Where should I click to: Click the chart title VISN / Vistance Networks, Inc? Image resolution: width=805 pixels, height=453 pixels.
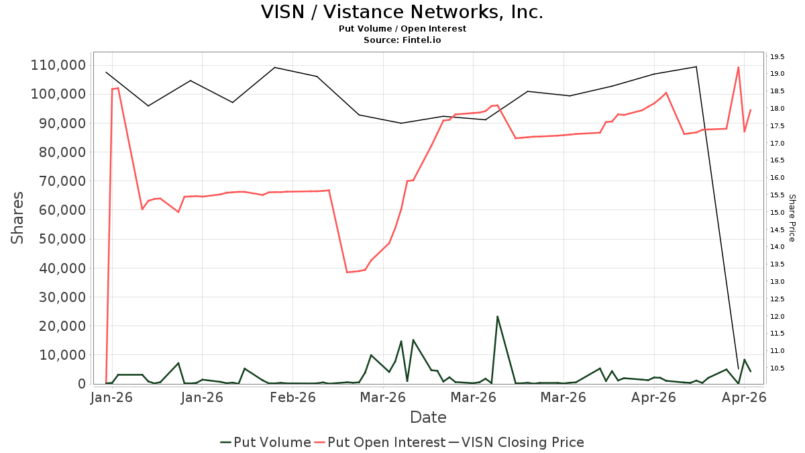tap(402, 12)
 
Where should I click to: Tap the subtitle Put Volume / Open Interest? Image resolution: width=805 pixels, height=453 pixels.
tap(402, 29)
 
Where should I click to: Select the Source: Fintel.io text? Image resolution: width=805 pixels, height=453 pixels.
tap(402, 40)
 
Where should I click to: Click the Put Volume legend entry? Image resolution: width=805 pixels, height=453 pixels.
tap(266, 442)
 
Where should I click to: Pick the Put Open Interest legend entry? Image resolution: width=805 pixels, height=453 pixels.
tap(380, 442)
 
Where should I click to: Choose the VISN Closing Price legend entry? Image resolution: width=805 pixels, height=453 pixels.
tap(516, 442)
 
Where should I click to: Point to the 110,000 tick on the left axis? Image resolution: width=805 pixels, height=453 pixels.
tap(58, 66)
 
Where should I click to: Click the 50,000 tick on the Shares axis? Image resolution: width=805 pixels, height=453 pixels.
tap(62, 239)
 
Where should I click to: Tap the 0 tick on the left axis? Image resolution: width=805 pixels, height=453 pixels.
tap(83, 384)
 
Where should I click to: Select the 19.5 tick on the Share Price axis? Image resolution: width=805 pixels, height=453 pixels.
tap(777, 57)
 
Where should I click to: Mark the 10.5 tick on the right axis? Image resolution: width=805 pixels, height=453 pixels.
tap(777, 368)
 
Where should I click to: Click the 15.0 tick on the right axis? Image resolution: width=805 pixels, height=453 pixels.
tap(777, 213)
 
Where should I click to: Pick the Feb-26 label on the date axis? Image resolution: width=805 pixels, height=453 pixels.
tap(292, 397)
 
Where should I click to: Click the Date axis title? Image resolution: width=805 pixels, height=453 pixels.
tap(429, 417)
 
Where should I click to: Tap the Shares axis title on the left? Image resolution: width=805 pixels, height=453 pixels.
tap(17, 218)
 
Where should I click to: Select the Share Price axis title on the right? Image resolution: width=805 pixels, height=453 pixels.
tap(792, 218)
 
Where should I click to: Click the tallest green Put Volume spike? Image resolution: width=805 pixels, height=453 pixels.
tap(497, 316)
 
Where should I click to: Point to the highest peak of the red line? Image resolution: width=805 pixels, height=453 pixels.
tap(738, 67)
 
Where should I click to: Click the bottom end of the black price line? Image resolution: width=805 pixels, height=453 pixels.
tap(739, 369)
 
